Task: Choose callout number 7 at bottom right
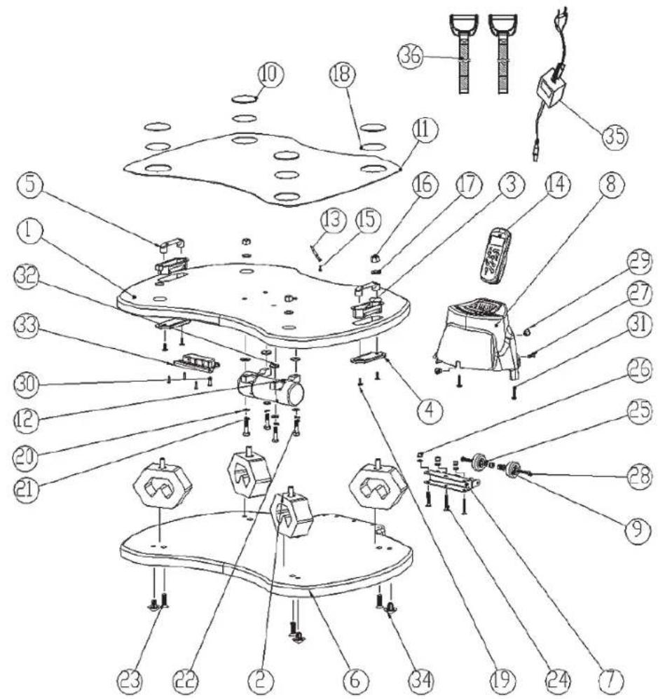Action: coord(616,678)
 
